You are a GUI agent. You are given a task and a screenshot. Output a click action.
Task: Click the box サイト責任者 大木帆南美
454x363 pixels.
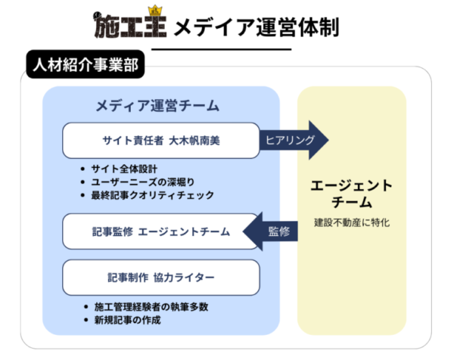pos(161,141)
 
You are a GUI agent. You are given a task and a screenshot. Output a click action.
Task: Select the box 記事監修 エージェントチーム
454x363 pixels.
pos(161,231)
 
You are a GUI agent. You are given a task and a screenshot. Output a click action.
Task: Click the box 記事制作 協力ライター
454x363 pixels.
pos(161,278)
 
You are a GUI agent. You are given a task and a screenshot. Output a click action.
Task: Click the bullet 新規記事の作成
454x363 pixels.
pos(128,320)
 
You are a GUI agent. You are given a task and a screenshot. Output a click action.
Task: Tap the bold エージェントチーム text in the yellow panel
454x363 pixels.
pos(352,194)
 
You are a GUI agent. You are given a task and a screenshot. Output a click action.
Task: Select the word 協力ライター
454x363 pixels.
pos(186,278)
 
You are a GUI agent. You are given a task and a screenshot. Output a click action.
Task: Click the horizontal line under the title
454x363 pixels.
pos(227,49)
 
